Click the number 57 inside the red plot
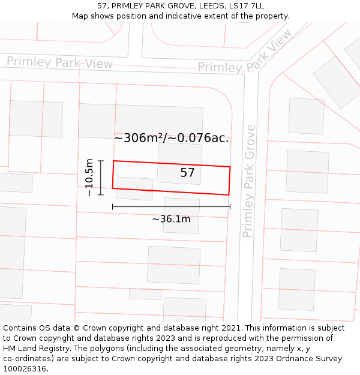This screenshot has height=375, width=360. coord(187,173)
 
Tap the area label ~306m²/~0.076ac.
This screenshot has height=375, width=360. coord(172,138)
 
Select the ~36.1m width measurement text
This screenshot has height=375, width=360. coord(171,219)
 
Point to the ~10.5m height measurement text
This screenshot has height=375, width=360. coord(89,178)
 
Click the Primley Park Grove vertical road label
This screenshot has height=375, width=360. coord(249,181)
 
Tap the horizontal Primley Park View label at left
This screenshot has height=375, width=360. coord(59,62)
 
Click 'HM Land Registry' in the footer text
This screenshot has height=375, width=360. coord(34,349)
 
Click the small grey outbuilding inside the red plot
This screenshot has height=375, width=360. coord(134,188)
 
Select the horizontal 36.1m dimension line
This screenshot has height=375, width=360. coord(171,207)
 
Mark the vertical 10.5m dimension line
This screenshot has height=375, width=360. coord(101,178)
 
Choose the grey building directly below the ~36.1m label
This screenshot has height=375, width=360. coord(173,265)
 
